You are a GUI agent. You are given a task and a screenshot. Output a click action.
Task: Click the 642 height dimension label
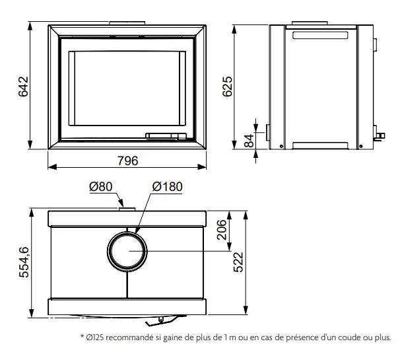click(x=24, y=87)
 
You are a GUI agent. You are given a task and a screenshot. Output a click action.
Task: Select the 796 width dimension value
click(x=128, y=161)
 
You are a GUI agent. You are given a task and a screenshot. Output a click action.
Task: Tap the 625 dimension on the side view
click(x=227, y=87)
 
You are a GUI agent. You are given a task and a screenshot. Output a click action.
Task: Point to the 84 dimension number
click(x=249, y=141)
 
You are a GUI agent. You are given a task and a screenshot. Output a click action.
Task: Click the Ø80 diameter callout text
click(x=101, y=186)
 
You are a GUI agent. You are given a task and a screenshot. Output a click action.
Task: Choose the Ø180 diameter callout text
click(x=167, y=186)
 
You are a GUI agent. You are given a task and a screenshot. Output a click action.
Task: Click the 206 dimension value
click(x=222, y=230)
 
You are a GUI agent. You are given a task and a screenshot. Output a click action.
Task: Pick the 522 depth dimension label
click(x=238, y=262)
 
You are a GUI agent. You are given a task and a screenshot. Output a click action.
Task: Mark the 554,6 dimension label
click(x=24, y=262)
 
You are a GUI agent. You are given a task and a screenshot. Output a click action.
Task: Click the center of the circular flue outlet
click(x=127, y=251)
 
